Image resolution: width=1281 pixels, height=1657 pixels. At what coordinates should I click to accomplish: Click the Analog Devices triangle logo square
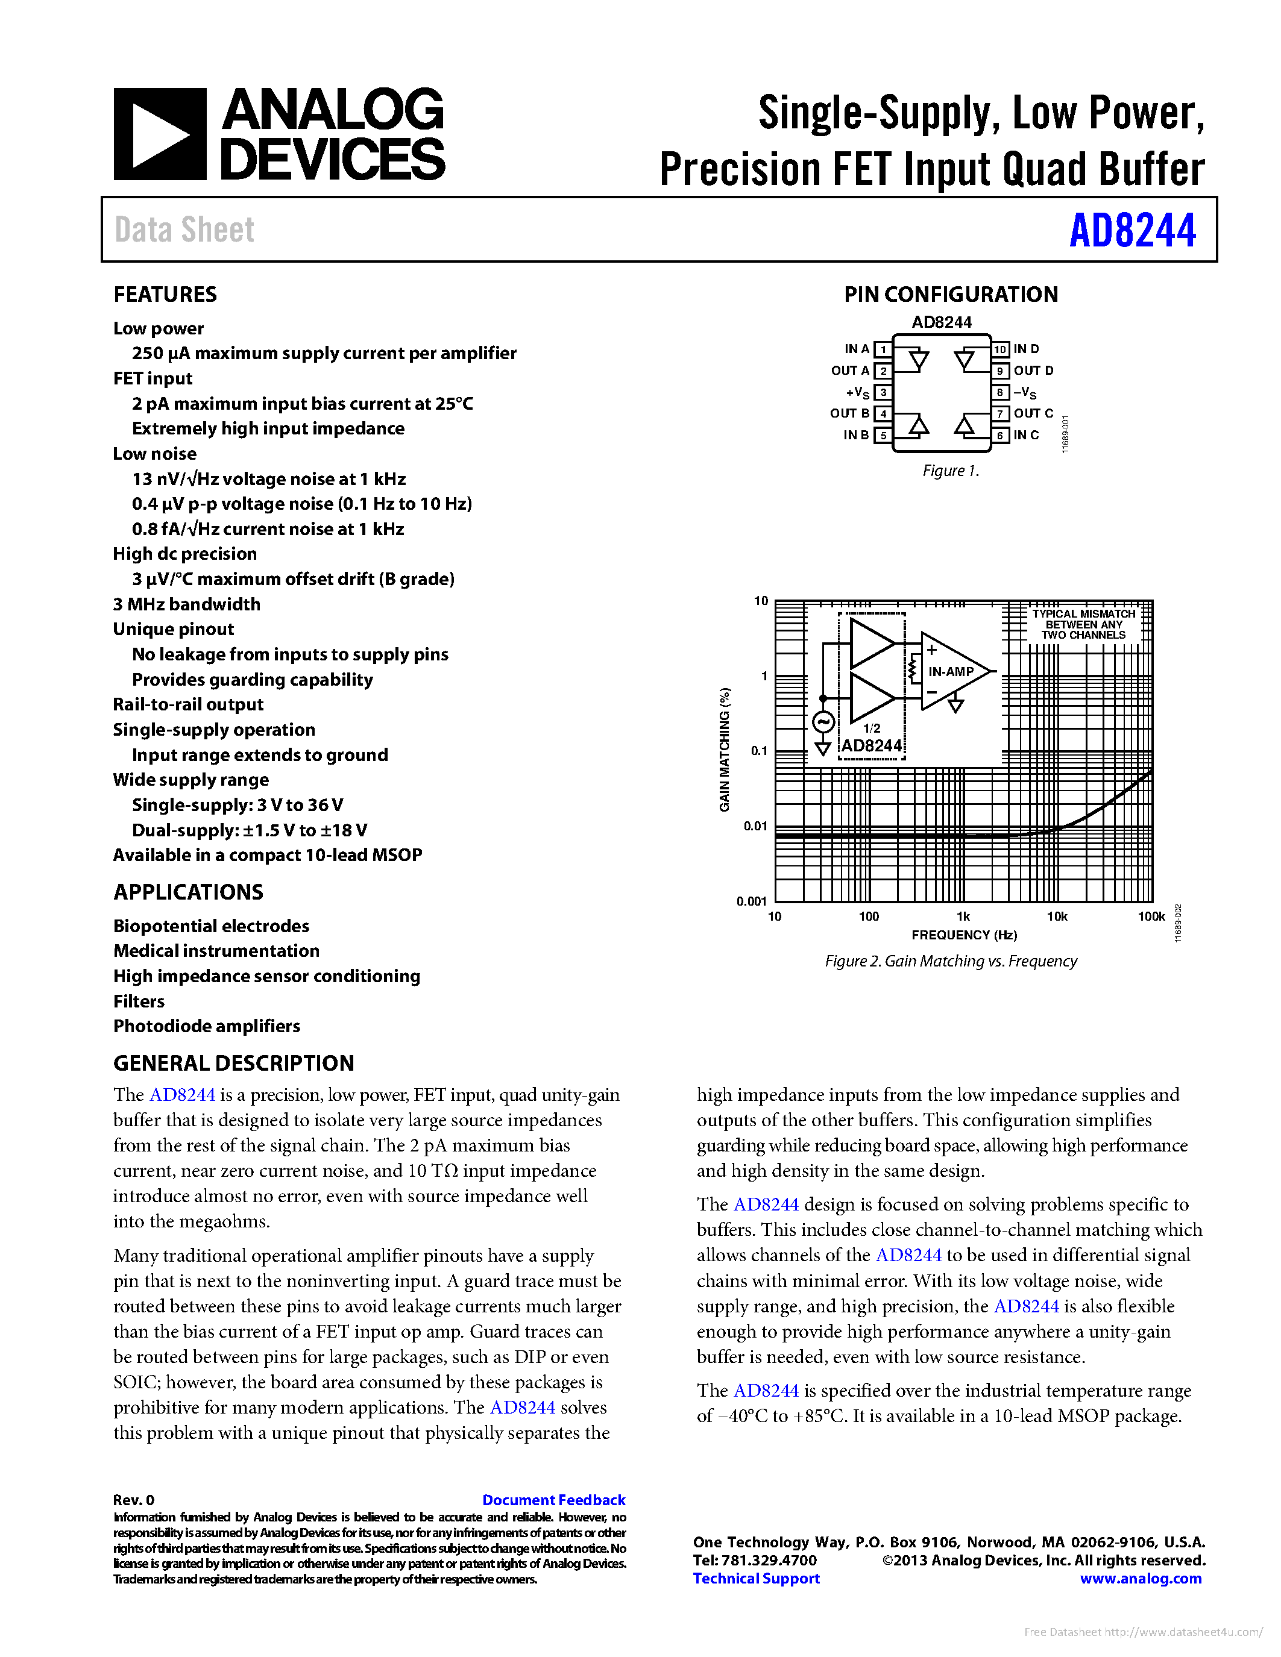pos(159,134)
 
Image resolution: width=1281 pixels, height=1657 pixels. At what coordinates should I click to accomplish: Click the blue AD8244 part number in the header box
pos(1131,231)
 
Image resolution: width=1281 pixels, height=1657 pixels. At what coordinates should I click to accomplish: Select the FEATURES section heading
pos(165,295)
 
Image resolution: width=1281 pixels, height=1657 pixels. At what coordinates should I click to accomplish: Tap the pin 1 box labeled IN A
pos(883,349)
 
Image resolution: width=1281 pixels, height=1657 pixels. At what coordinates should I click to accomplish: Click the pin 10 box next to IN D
pos(1000,349)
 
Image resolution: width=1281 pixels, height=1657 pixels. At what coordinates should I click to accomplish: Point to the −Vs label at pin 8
pos(1024,392)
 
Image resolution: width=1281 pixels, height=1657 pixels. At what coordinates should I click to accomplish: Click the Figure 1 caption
pos(950,471)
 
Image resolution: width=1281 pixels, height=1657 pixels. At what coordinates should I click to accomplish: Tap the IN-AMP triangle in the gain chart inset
pos(952,671)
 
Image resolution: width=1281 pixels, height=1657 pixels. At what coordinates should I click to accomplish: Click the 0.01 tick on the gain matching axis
pos(755,825)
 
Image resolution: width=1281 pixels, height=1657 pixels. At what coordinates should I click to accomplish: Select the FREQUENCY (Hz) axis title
pos(964,935)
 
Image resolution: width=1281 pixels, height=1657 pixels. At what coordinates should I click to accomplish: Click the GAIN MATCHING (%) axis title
pos(725,750)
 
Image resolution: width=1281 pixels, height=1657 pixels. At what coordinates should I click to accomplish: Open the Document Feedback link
pos(553,1500)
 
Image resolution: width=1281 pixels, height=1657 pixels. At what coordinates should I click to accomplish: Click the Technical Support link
pos(756,1578)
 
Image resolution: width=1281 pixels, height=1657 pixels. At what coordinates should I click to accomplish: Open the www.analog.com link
pos(1140,1578)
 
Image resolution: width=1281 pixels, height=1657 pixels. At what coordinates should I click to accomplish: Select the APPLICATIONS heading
pos(188,892)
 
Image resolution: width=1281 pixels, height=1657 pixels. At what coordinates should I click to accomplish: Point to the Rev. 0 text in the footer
pos(134,1500)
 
